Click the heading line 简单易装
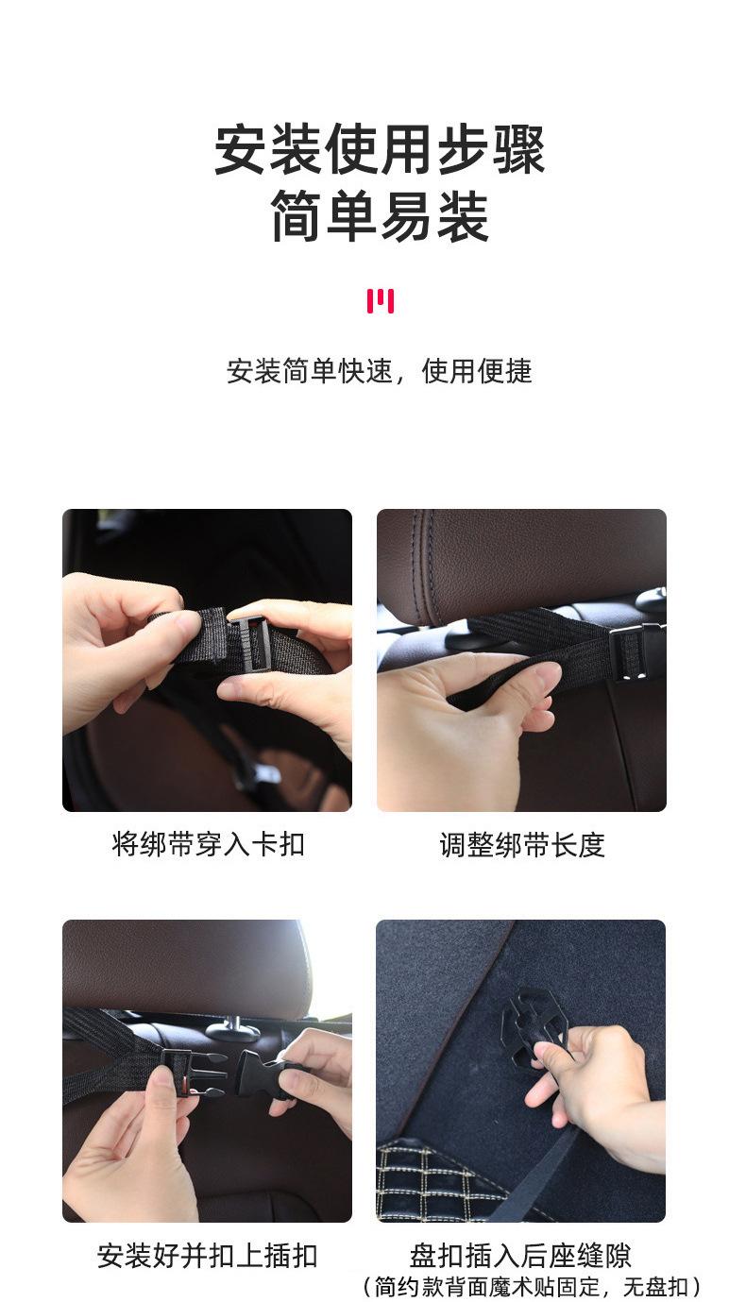(x=380, y=217)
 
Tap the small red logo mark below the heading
(x=380, y=301)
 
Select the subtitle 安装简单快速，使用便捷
(x=380, y=371)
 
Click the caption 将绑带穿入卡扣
(x=208, y=843)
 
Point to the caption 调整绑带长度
(x=521, y=844)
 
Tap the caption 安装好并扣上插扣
(x=208, y=1256)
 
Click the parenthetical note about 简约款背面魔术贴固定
(x=532, y=1286)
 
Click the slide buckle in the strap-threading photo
(x=250, y=642)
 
